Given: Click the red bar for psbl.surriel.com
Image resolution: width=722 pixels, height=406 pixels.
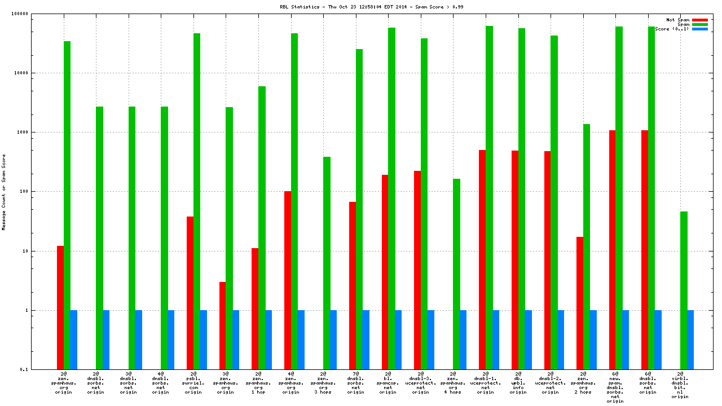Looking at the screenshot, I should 190,293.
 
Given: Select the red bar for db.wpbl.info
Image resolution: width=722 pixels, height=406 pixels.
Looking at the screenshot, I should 515,260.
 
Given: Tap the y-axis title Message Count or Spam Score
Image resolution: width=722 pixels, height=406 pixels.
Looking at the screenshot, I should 3,192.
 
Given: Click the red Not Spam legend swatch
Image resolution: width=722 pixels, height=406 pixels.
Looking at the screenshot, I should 700,20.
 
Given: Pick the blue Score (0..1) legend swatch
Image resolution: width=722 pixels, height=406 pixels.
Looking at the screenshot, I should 700,29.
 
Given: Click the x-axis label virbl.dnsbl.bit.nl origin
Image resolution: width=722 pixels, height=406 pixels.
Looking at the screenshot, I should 680,385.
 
